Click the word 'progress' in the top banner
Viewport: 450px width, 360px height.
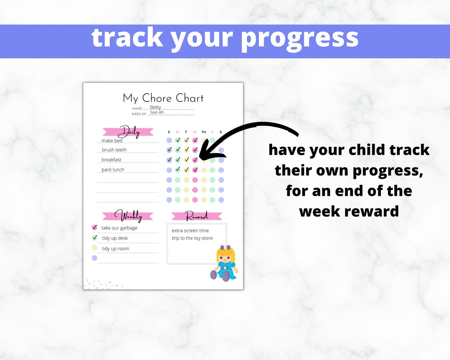[x=300, y=38]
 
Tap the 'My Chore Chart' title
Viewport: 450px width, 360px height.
[x=163, y=98]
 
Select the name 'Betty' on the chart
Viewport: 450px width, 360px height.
[x=156, y=107]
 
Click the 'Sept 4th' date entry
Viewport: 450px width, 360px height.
[x=157, y=112]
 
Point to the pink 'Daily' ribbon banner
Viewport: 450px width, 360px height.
[x=128, y=132]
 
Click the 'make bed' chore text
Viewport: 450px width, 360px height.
[x=112, y=141]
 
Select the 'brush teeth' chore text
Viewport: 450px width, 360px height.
[x=114, y=150]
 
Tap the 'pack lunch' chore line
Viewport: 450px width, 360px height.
[x=113, y=170]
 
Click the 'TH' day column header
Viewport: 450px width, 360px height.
[x=204, y=132]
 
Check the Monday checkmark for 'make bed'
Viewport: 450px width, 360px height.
[x=178, y=140]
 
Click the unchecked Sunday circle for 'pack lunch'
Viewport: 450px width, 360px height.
[x=169, y=170]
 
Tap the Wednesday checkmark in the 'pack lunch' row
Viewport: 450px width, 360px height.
[x=195, y=170]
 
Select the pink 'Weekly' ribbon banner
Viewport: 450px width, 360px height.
[x=128, y=216]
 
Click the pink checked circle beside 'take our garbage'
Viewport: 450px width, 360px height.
[x=94, y=227]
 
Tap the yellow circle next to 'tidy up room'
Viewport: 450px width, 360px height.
[x=94, y=248]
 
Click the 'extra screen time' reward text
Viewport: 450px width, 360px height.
[x=190, y=231]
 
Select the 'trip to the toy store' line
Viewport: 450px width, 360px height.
[x=192, y=238]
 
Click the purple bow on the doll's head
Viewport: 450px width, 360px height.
[x=226, y=248]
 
